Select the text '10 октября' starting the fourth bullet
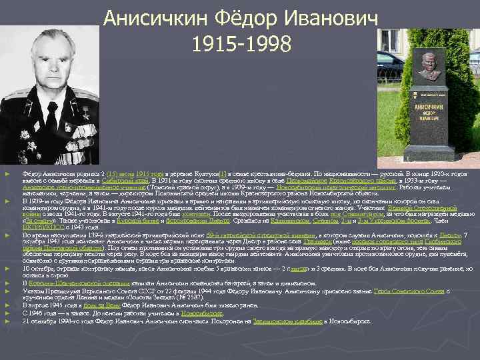tap(34, 269)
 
